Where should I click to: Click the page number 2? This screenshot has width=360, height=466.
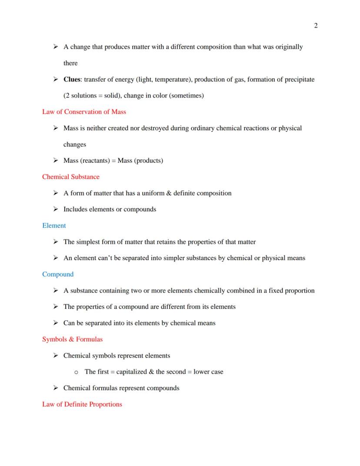coord(316,26)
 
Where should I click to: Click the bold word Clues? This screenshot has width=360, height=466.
coord(73,80)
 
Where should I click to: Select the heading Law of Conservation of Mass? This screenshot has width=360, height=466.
coord(84,112)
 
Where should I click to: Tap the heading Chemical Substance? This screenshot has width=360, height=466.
coord(70,177)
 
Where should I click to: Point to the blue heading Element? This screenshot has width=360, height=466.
coord(54,225)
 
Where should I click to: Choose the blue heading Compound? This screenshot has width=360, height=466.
coord(58,274)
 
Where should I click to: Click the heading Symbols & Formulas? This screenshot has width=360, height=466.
coord(72,339)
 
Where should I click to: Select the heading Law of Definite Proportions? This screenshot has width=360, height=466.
coord(82,404)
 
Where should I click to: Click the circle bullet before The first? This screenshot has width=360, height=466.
coord(76,372)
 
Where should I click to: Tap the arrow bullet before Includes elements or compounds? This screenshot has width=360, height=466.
coord(56,209)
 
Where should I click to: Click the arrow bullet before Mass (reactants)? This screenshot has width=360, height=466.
coord(56,161)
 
